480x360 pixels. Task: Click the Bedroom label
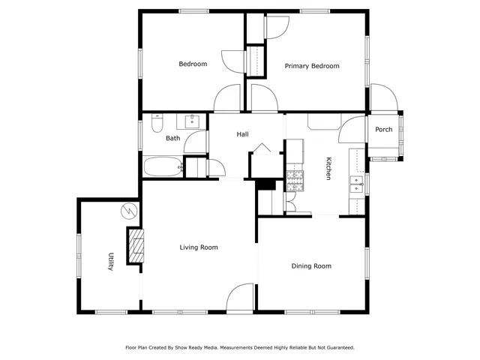[193, 64]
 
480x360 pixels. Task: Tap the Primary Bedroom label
[312, 66]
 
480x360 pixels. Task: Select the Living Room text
[199, 247]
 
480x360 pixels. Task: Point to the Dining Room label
[311, 265]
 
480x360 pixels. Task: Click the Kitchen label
[328, 168]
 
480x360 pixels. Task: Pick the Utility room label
[111, 261]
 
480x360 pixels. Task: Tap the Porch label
[383, 129]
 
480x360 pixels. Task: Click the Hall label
[242, 134]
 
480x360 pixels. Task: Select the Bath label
[173, 138]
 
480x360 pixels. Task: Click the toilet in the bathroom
[157, 122]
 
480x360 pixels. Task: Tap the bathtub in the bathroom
[163, 166]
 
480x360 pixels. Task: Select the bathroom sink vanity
[190, 121]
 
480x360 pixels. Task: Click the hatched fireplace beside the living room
[136, 246]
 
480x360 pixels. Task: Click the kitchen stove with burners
[294, 179]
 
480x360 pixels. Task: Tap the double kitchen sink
[356, 184]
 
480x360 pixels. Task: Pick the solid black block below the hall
[265, 184]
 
